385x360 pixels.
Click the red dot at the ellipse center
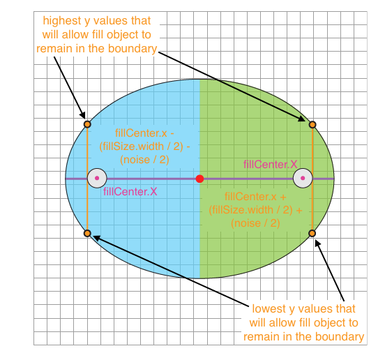(199, 179)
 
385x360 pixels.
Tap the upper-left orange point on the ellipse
(87, 124)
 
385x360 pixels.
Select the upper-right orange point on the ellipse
(312, 125)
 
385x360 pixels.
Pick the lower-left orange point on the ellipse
(87, 233)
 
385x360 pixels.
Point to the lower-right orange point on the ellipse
(312, 233)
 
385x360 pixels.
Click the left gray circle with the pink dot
(97, 178)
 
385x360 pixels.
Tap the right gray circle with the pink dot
(303, 178)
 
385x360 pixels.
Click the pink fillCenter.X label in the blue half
(130, 192)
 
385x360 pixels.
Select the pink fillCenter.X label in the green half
(271, 164)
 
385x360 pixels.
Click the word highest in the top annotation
(62, 21)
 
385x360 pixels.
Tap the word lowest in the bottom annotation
(269, 308)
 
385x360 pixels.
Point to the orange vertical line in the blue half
(87, 179)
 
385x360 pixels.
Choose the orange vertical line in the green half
(312, 179)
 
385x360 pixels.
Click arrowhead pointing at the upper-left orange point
(83, 116)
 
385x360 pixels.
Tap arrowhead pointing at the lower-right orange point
(317, 243)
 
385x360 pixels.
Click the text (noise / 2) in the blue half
(144, 160)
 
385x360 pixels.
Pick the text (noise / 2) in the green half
(255, 223)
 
